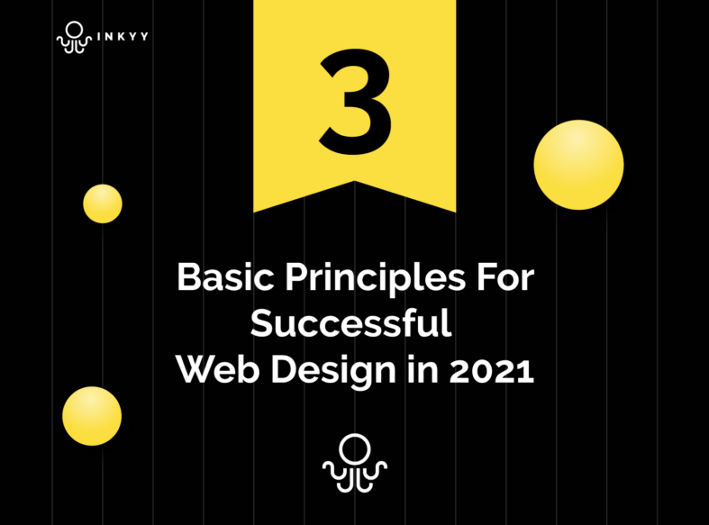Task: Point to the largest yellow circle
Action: (578, 165)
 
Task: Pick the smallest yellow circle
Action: (103, 204)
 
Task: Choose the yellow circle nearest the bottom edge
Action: (92, 416)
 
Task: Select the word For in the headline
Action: (504, 277)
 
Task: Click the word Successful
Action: (350, 323)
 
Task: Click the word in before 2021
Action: (421, 370)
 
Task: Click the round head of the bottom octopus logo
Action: (354, 448)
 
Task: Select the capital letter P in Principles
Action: (295, 277)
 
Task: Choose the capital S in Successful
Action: (262, 323)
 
